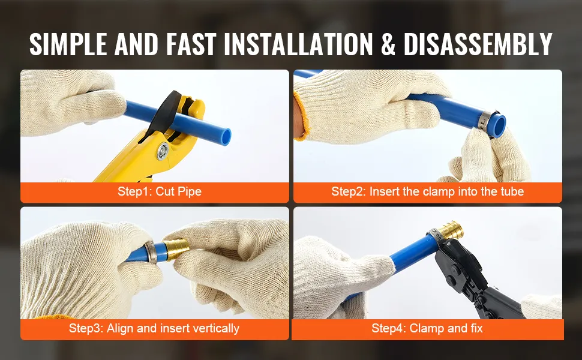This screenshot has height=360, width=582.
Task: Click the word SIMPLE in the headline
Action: pos(68,44)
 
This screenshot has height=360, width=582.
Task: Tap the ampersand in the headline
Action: pos(388,44)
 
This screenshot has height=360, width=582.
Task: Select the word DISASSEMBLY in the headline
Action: pos(478,44)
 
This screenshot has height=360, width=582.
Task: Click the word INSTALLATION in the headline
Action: pos(298,44)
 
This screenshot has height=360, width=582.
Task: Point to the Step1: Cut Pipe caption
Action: pos(160,191)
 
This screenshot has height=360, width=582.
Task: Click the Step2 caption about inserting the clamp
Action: pos(428,191)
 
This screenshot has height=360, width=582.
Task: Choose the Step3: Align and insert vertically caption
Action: pos(154,328)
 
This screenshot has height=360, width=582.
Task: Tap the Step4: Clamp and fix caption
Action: pos(427,328)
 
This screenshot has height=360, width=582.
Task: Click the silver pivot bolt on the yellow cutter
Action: pos(162,151)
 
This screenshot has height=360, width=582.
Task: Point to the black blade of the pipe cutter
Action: pos(163,113)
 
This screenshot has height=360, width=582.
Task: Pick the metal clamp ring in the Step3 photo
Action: pos(151,252)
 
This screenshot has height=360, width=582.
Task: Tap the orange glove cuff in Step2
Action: pos(299,116)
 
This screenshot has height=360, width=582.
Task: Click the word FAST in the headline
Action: pos(191,44)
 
